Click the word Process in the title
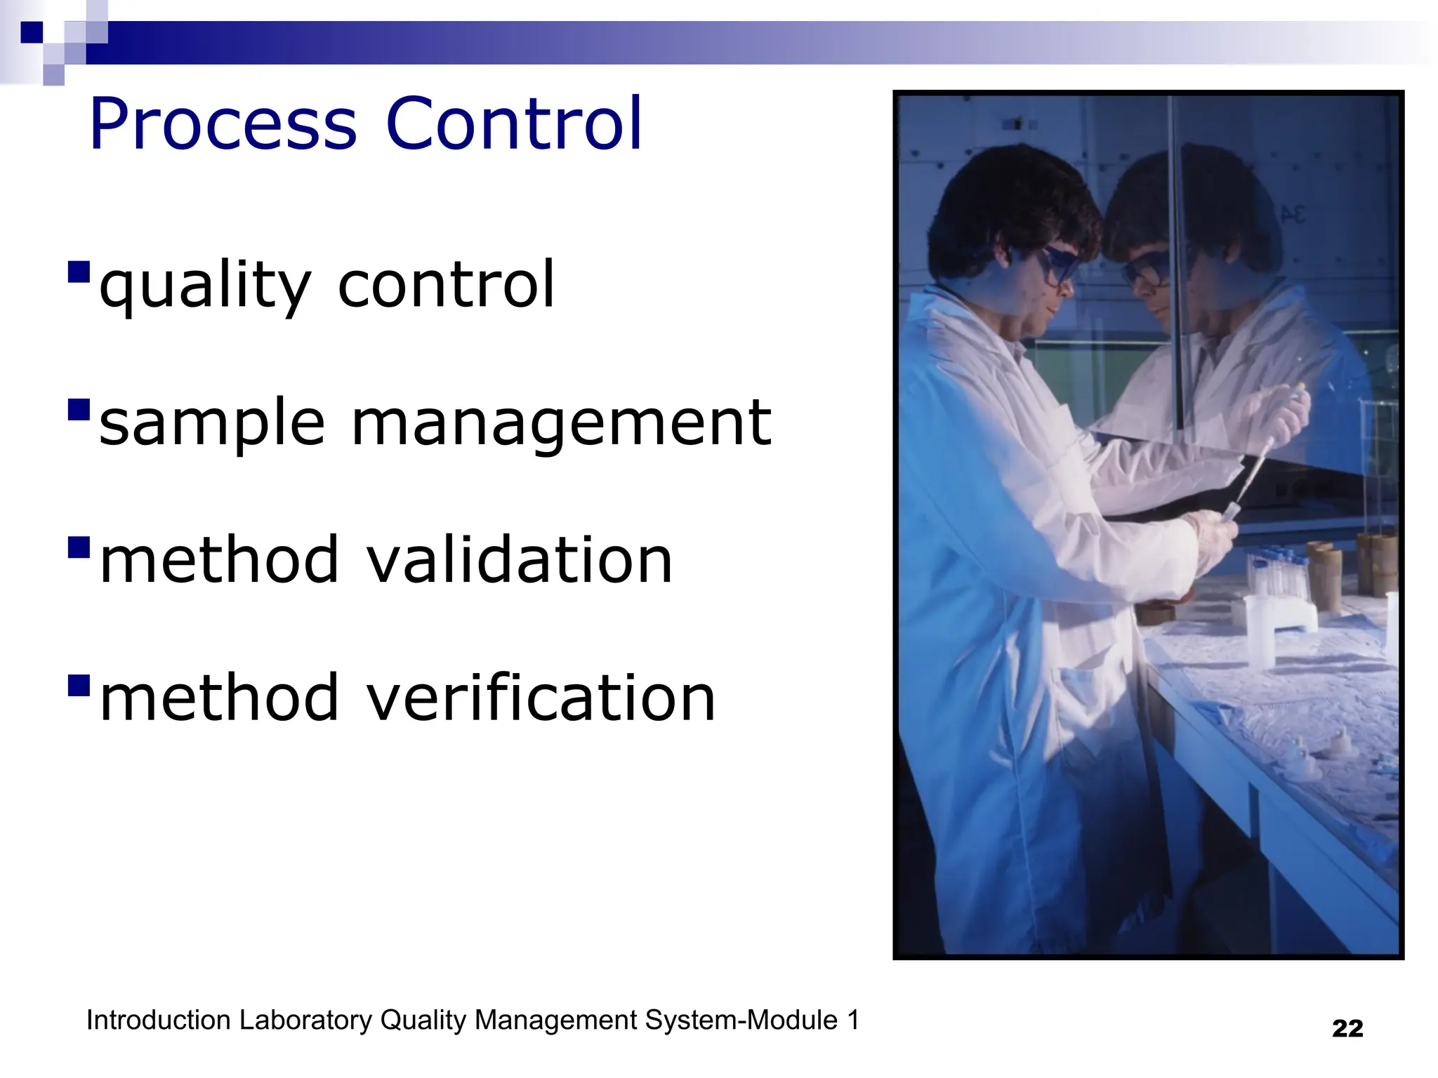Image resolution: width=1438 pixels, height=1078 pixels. (223, 124)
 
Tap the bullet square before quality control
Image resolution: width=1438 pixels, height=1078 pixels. (79, 272)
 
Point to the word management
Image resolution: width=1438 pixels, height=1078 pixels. (561, 423)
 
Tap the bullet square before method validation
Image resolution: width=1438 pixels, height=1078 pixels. (79, 547)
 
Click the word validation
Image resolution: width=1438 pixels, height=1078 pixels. (520, 560)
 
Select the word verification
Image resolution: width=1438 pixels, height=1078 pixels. (541, 698)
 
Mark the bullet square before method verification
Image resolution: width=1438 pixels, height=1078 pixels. (79, 684)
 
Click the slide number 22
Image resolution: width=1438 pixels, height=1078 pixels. (1347, 1029)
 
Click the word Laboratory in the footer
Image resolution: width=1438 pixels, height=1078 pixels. (305, 1020)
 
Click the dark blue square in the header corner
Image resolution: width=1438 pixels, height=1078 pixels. (32, 32)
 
